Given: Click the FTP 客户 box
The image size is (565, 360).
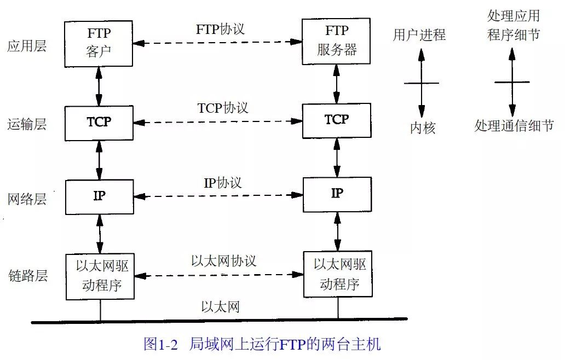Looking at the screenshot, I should pos(99,43).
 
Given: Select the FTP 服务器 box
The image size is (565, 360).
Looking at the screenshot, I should pos(337,42).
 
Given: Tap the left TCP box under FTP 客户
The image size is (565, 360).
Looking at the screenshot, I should pos(99,123).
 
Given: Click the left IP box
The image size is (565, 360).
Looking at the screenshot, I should pos(99,196).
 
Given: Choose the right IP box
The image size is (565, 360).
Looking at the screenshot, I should pos(337,194).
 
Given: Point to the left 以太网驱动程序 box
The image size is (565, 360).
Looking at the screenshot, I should pos(99,276).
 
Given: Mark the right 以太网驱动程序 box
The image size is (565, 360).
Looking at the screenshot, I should pos(337,274).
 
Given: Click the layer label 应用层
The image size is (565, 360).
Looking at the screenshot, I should pos(27,46).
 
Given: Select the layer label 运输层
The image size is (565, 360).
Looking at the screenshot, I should pos(27,124).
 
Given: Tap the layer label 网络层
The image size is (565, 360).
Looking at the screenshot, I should pos(27,199).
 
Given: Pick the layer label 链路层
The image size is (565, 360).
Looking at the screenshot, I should pos(27,275).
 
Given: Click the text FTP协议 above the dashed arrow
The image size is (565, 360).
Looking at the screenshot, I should pos(220,29).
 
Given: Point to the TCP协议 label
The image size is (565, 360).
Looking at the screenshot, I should pos(223,108).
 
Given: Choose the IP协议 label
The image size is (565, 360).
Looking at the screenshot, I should pos(223,182).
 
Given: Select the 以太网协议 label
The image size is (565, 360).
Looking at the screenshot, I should pos(223,260).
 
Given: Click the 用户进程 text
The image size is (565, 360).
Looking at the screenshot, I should pos(419,36).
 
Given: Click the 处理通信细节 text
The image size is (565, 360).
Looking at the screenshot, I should pos(514,126).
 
